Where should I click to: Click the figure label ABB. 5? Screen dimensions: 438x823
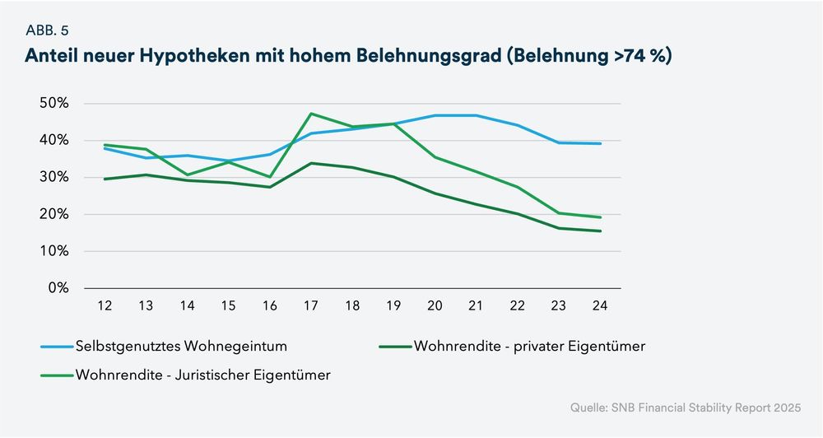tap(46, 30)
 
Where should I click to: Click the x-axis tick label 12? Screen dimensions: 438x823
tap(105, 305)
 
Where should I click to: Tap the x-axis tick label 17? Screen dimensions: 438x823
tap(311, 305)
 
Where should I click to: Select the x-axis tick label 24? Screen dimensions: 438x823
tap(600, 305)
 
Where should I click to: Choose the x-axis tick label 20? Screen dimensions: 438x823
tap(435, 305)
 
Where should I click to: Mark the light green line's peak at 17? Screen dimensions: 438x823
tap(311, 114)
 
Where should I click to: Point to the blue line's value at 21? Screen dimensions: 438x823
tap(476, 115)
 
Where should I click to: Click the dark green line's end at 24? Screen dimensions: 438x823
tap(600, 231)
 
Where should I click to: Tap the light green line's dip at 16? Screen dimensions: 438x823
tap(270, 176)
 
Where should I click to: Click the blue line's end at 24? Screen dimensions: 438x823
tap(600, 143)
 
